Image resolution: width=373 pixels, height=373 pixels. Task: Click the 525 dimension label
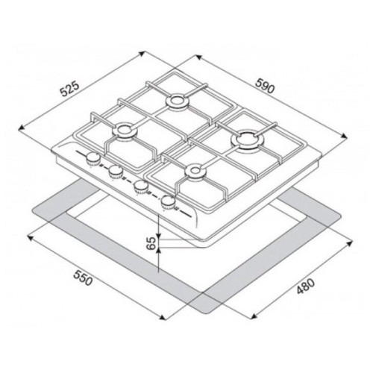click(x=70, y=88)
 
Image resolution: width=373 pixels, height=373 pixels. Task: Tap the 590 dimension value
click(x=266, y=86)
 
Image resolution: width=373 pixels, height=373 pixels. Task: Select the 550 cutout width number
click(x=83, y=278)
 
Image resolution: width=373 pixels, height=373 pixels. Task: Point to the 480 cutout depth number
click(x=306, y=286)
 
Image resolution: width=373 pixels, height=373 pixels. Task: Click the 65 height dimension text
click(x=151, y=243)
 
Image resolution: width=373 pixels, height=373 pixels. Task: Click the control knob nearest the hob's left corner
click(x=93, y=158)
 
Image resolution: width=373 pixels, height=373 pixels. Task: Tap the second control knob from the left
click(x=116, y=172)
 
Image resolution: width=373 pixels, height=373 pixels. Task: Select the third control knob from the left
click(x=141, y=186)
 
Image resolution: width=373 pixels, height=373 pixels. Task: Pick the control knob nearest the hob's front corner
click(x=168, y=201)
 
